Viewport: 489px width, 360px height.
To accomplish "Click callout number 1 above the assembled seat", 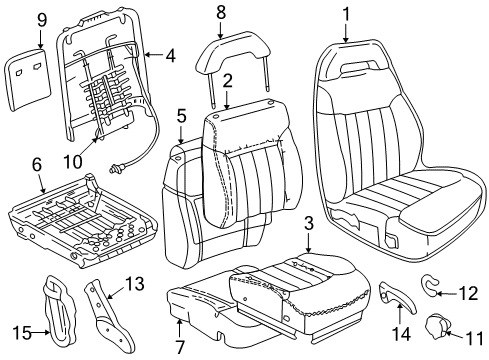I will (x=346, y=15).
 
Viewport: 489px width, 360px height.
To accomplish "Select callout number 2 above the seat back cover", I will (x=227, y=79).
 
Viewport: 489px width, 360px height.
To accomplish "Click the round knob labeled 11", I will (x=438, y=325).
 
